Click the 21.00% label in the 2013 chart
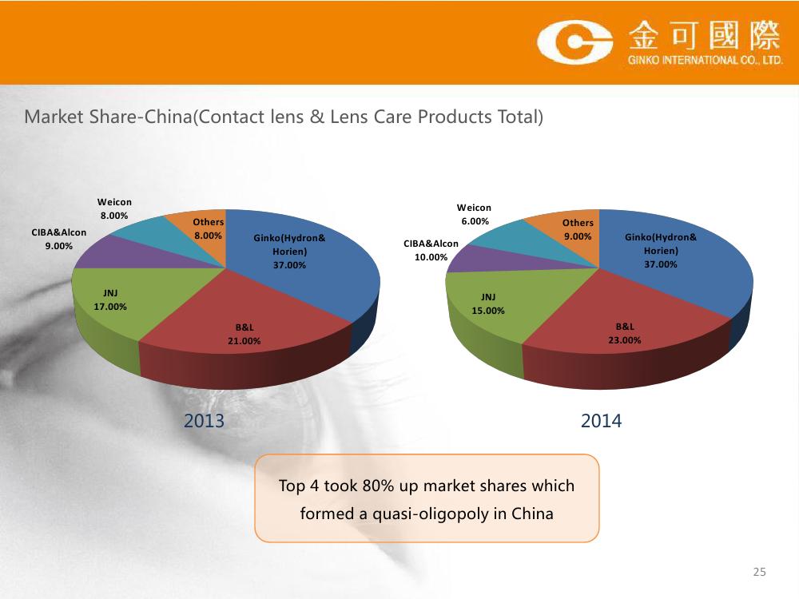(244, 341)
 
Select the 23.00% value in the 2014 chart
(624, 339)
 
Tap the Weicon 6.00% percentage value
(475, 221)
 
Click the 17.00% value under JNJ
(110, 307)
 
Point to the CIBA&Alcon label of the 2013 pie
(58, 232)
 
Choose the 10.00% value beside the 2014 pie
(431, 257)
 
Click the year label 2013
(204, 421)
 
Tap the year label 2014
(602, 421)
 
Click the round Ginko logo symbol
(574, 42)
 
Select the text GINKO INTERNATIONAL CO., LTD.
(706, 60)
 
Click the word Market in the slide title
(54, 117)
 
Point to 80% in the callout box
(378, 486)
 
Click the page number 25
(759, 572)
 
